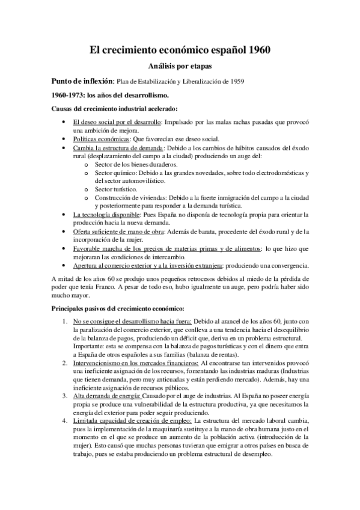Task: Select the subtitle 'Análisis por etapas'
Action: tap(180, 67)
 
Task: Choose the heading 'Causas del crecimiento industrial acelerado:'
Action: tap(115, 109)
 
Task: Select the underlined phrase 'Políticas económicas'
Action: tap(100, 139)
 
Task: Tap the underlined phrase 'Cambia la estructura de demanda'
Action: tap(117, 148)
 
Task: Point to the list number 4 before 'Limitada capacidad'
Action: tap(66, 420)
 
